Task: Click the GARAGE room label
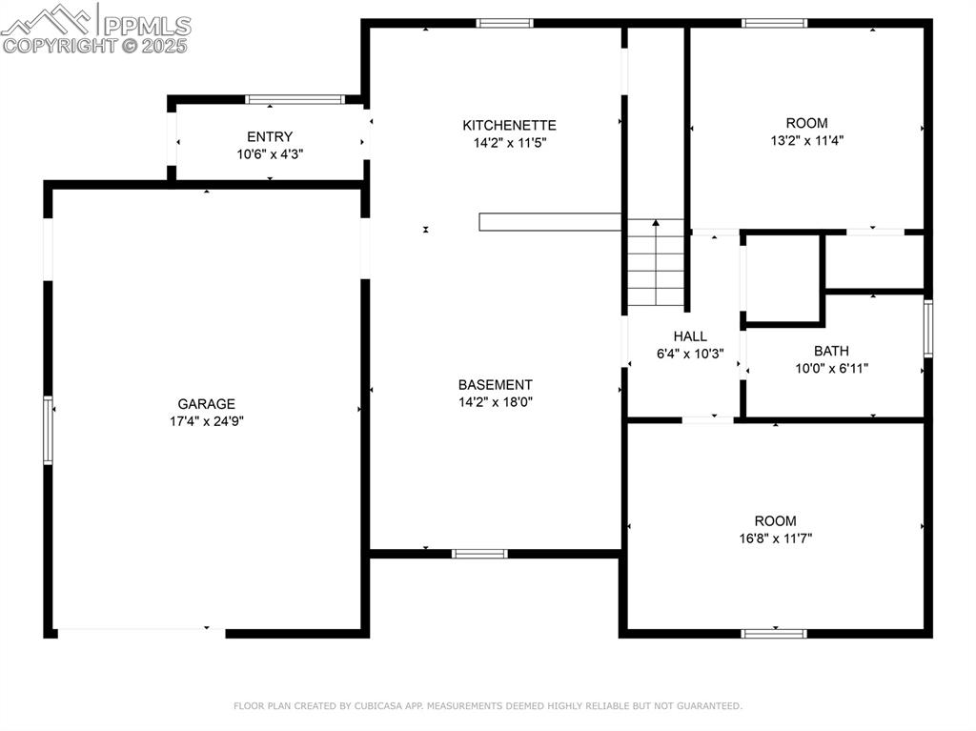click(x=206, y=404)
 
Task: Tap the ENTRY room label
click(x=270, y=137)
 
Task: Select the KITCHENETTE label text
click(x=509, y=125)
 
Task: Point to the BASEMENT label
click(x=496, y=385)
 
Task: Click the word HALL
click(x=690, y=336)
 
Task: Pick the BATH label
click(x=831, y=351)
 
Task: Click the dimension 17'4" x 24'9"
click(x=207, y=421)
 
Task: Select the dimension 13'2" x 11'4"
click(x=806, y=141)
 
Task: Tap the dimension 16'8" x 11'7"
click(x=776, y=538)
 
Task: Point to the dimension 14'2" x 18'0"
click(x=496, y=402)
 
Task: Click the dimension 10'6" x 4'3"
click(x=270, y=154)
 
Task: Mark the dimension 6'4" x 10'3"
click(x=690, y=354)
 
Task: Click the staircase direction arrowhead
click(x=656, y=222)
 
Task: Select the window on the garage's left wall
click(x=48, y=430)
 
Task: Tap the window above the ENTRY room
click(x=295, y=100)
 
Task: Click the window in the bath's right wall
click(x=928, y=328)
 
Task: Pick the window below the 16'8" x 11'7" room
click(x=774, y=634)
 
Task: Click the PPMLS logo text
click(x=147, y=26)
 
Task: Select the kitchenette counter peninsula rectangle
click(x=550, y=222)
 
